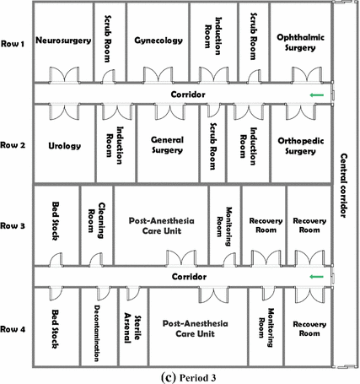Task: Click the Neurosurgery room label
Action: tap(65, 40)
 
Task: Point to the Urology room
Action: tap(65, 145)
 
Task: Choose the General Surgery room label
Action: tap(167, 145)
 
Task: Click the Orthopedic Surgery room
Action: tap(301, 145)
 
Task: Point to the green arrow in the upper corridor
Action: tap(315, 95)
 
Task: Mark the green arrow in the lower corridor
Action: tap(315, 277)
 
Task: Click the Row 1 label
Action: tap(13, 44)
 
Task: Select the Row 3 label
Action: tap(13, 226)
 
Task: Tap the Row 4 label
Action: tap(13, 328)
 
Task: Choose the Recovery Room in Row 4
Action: tap(309, 328)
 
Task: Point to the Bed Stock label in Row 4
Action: tap(56, 327)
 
